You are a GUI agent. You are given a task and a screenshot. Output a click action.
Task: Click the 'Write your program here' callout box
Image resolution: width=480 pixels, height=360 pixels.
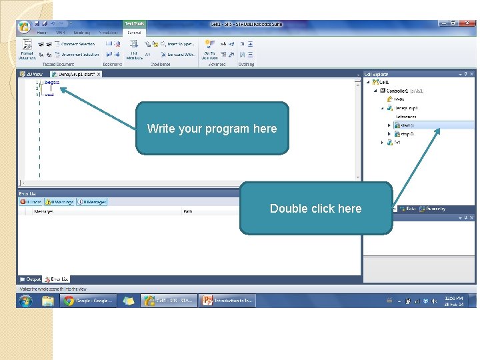click(212, 129)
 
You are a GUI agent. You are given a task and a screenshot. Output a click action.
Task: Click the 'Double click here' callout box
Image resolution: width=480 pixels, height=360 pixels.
click(315, 209)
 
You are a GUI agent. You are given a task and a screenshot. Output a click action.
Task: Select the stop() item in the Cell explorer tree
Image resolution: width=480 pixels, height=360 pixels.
click(406, 133)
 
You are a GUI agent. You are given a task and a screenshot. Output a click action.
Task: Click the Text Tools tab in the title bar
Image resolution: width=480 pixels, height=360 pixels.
click(135, 24)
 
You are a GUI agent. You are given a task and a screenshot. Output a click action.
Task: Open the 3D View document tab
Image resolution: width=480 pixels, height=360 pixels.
click(31, 74)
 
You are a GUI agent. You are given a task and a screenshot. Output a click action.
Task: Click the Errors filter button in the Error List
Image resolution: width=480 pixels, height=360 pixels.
click(31, 202)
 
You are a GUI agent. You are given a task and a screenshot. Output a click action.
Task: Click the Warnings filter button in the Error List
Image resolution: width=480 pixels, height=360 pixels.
click(59, 202)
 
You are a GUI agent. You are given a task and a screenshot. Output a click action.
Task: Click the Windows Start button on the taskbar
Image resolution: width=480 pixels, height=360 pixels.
click(25, 301)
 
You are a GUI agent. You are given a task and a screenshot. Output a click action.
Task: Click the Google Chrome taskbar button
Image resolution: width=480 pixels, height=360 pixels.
click(89, 301)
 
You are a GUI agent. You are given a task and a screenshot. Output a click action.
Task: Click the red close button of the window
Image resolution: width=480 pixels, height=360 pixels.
click(470, 24)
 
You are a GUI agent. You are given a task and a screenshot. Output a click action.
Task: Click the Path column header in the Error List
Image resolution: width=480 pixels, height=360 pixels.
click(189, 211)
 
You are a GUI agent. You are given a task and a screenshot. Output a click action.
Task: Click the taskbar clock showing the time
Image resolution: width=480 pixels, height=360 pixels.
click(454, 301)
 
